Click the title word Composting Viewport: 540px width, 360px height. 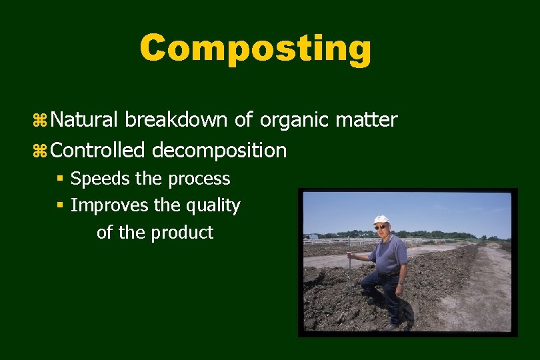[x=255, y=49]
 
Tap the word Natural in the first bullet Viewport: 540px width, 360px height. [x=84, y=120]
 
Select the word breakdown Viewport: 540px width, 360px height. [x=176, y=120]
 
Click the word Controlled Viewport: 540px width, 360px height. [x=97, y=151]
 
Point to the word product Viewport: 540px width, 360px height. [x=181, y=233]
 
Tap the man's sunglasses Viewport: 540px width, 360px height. [x=381, y=227]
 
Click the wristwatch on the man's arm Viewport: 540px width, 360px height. [x=401, y=283]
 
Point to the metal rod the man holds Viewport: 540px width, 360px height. [x=350, y=273]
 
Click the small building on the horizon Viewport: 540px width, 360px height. [x=311, y=236]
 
